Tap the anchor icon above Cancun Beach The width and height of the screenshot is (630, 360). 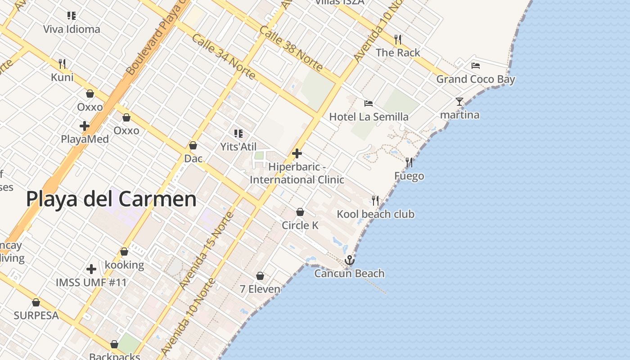tap(349, 261)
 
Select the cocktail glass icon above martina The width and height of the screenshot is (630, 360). tap(459, 102)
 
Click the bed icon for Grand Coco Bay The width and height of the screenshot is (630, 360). tap(476, 66)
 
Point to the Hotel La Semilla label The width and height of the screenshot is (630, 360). tap(369, 117)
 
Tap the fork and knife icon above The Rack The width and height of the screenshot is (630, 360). tap(398, 40)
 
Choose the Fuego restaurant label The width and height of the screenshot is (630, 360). tap(409, 176)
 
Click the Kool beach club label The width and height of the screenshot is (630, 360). tap(375, 214)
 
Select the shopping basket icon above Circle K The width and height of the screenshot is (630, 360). tap(300, 212)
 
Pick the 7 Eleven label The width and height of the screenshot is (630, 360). tap(260, 289)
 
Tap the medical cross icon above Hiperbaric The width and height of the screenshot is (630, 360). tap(297, 153)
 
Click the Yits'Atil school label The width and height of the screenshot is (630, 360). tap(238, 147)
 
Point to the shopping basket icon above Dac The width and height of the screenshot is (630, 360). tap(193, 145)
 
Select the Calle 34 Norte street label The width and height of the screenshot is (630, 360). tap(223, 57)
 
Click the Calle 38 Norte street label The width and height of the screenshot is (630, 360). tap(291, 49)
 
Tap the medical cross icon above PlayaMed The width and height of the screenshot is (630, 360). tap(84, 126)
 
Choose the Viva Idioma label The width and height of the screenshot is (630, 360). tap(72, 30)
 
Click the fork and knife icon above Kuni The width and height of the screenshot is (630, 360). tap(62, 64)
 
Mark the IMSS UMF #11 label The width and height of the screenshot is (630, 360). tap(91, 283)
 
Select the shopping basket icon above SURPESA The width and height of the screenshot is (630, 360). tap(36, 302)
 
